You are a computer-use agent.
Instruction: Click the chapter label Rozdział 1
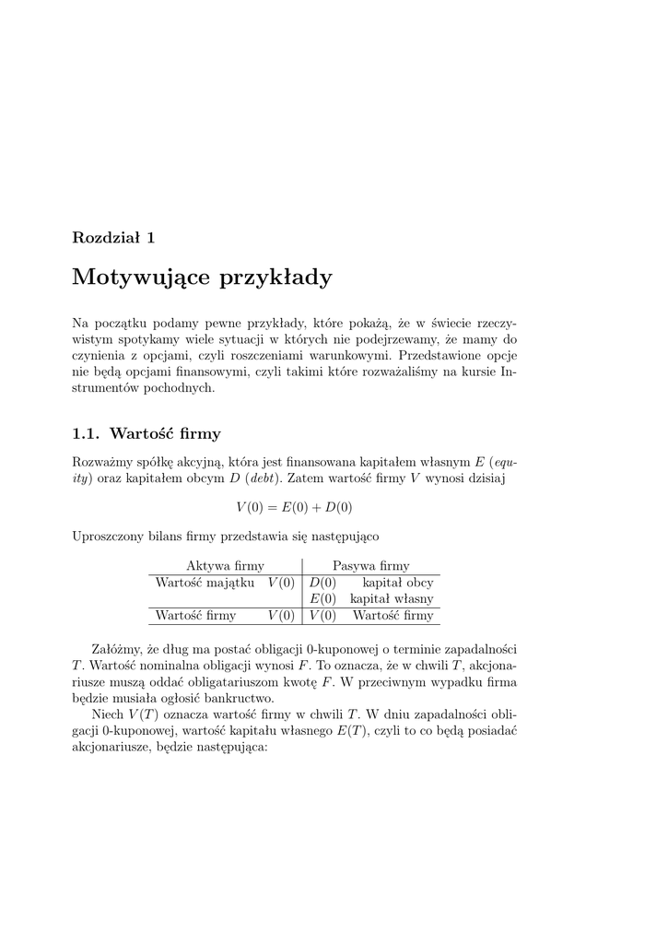pos(113,237)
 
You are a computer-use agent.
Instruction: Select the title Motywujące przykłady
pos(202,277)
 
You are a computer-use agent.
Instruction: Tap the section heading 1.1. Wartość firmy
pos(146,432)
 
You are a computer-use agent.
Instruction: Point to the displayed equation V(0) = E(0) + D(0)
pos(294,507)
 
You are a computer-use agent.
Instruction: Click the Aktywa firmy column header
pos(225,566)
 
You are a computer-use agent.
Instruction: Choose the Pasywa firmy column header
pos(371,566)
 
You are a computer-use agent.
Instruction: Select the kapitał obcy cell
pos(398,583)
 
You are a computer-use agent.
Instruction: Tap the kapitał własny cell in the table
pos(392,599)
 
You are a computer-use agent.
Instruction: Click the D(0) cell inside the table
pos(322,583)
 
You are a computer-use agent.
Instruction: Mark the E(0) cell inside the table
pos(322,599)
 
